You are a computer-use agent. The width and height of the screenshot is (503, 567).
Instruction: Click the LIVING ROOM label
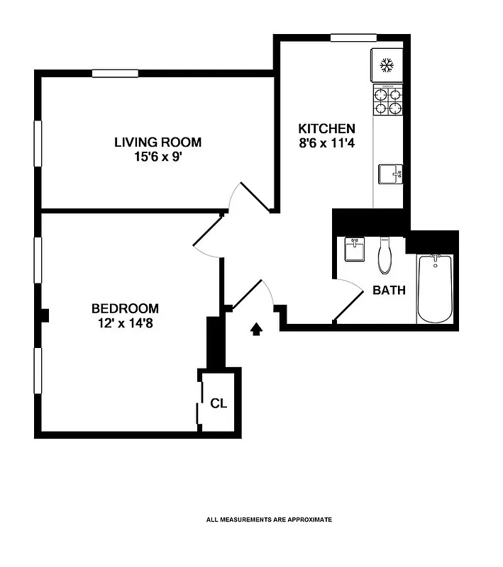pyautogui.click(x=157, y=142)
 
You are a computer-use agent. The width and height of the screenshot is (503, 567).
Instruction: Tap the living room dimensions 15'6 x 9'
pyautogui.click(x=157, y=157)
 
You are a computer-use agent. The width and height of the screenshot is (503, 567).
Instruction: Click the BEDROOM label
pyautogui.click(x=125, y=308)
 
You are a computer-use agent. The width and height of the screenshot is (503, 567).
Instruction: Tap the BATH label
pyautogui.click(x=389, y=290)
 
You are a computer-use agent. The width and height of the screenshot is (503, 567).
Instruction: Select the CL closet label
pyautogui.click(x=219, y=403)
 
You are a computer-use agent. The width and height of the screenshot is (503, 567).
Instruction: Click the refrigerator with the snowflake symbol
pyautogui.click(x=387, y=66)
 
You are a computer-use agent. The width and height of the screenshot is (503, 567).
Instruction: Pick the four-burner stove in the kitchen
pyautogui.click(x=388, y=100)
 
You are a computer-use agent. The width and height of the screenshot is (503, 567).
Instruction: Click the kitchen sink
pyautogui.click(x=389, y=174)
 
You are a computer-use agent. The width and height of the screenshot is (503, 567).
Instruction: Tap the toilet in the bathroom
pyautogui.click(x=385, y=256)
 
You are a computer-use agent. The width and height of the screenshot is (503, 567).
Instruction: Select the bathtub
pyautogui.click(x=435, y=288)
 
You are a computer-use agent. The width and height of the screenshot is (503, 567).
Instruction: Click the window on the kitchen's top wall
pyautogui.click(x=353, y=38)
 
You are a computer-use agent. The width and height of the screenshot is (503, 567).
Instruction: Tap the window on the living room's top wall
pyautogui.click(x=115, y=72)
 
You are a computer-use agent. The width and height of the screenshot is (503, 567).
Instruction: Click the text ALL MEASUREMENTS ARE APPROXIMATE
pyautogui.click(x=269, y=520)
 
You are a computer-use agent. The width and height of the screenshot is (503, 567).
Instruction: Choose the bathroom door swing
pyautogui.click(x=346, y=298)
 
